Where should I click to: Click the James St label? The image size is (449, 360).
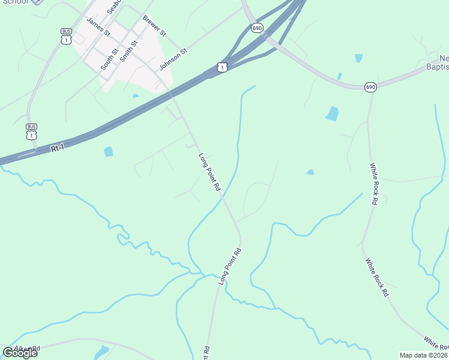(98, 27)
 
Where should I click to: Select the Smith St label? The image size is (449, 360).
(128, 52)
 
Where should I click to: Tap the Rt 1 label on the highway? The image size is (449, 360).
(58, 147)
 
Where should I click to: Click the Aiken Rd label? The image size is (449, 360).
(26, 348)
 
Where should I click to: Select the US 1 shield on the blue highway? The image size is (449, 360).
(222, 67)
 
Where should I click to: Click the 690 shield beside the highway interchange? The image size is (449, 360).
(257, 28)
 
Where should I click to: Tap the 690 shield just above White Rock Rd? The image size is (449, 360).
(370, 87)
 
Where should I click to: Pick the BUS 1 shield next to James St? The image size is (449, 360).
(66, 37)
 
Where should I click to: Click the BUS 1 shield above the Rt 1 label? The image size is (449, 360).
(31, 131)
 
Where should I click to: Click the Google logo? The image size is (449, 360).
(20, 352)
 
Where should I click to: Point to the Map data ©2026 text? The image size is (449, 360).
(423, 355)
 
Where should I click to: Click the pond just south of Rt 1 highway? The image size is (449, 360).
(108, 152)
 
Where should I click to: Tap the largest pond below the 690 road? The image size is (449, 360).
(332, 113)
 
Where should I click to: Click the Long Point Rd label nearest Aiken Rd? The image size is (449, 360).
(229, 266)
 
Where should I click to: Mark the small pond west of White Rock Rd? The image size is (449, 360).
(310, 172)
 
